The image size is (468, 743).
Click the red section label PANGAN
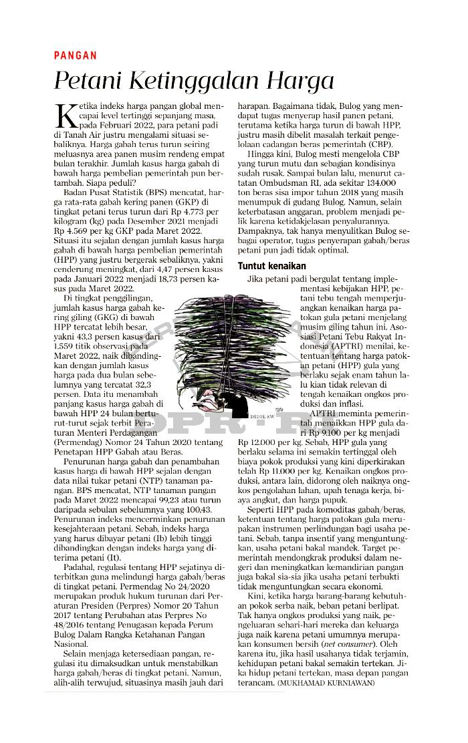76,56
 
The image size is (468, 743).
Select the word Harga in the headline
299,82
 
